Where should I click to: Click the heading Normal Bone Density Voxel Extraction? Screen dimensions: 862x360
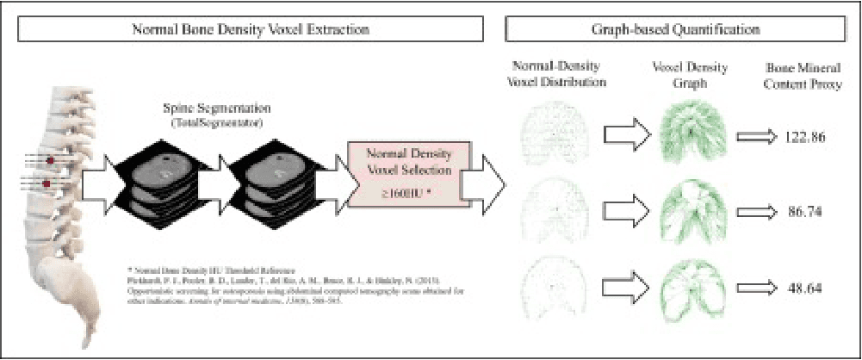pos(251,28)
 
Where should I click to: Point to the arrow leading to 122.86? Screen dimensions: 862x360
pos(755,136)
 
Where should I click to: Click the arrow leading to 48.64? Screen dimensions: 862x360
pos(755,286)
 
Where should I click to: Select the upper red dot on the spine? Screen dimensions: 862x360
pos(49,161)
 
